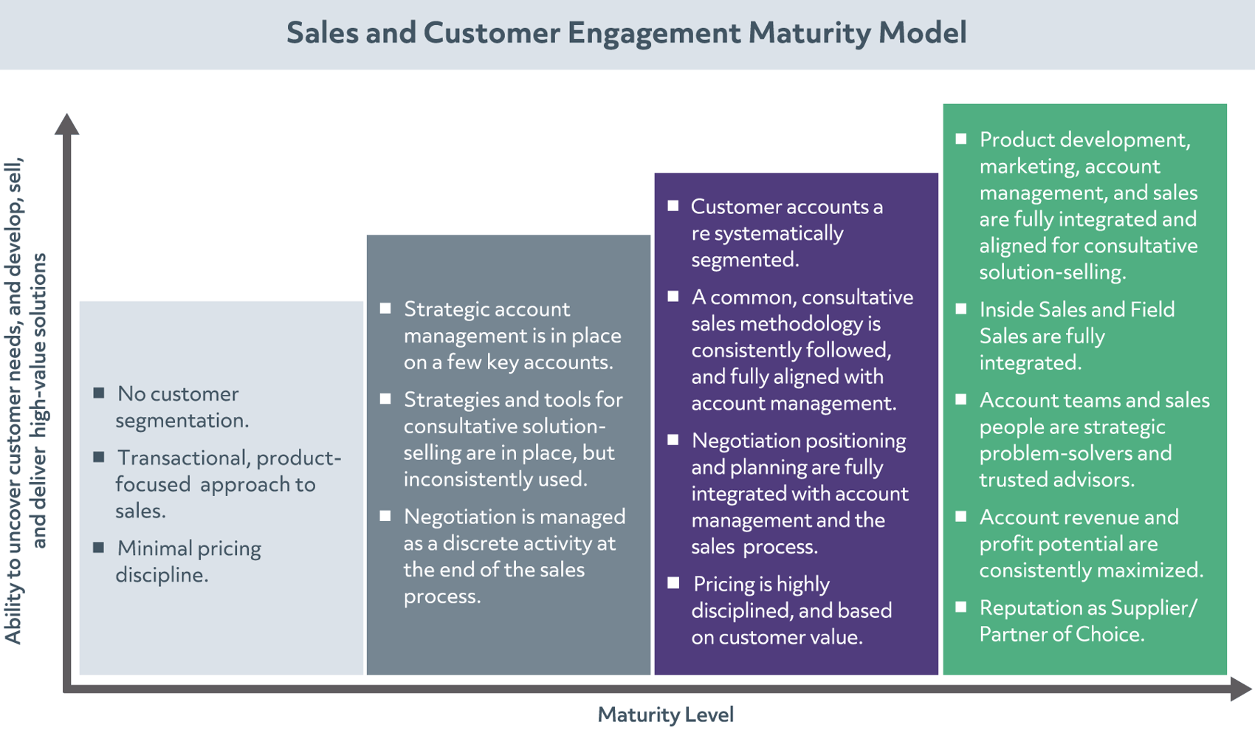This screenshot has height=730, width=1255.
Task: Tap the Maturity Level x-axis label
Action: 665,714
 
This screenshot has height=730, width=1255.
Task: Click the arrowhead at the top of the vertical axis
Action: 67,124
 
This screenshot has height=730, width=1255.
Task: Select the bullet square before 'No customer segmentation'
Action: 99,393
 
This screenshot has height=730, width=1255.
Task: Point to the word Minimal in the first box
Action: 153,548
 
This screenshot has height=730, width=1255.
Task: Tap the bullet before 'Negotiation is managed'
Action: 385,516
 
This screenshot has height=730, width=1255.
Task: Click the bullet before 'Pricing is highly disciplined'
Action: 673,583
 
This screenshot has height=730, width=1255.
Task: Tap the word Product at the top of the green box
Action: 1017,140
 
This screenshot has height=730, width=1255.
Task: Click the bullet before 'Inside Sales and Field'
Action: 961,309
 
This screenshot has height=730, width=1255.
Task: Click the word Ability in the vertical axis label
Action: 13,618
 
